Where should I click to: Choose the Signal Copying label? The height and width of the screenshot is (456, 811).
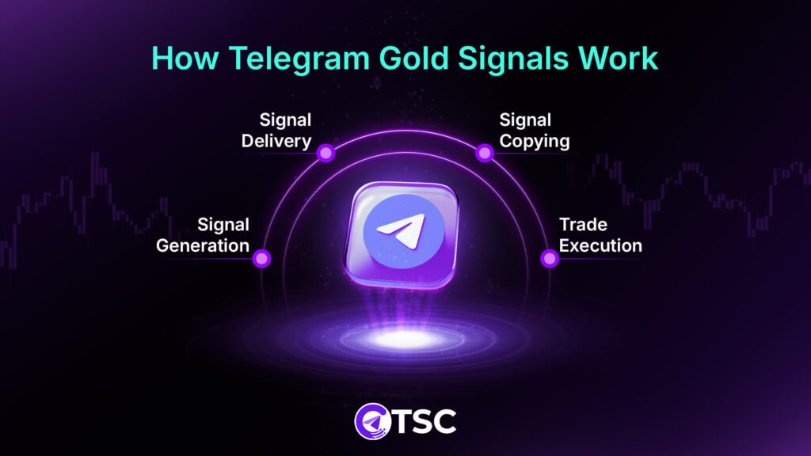pyautogui.click(x=534, y=131)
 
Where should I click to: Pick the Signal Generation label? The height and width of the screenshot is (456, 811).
pyautogui.click(x=203, y=235)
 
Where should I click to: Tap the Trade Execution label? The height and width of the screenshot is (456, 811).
pyautogui.click(x=600, y=235)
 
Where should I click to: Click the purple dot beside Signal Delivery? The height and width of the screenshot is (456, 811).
pyautogui.click(x=325, y=154)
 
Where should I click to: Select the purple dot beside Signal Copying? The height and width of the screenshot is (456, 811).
pyautogui.click(x=484, y=154)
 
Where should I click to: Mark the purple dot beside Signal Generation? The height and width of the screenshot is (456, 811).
pyautogui.click(x=261, y=258)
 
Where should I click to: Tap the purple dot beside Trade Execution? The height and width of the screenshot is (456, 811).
pyautogui.click(x=549, y=258)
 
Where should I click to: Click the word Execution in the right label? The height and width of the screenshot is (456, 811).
pyautogui.click(x=600, y=245)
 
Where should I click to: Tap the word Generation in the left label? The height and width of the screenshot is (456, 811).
pyautogui.click(x=203, y=245)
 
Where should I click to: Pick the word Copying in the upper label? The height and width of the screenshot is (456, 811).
pyautogui.click(x=534, y=142)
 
